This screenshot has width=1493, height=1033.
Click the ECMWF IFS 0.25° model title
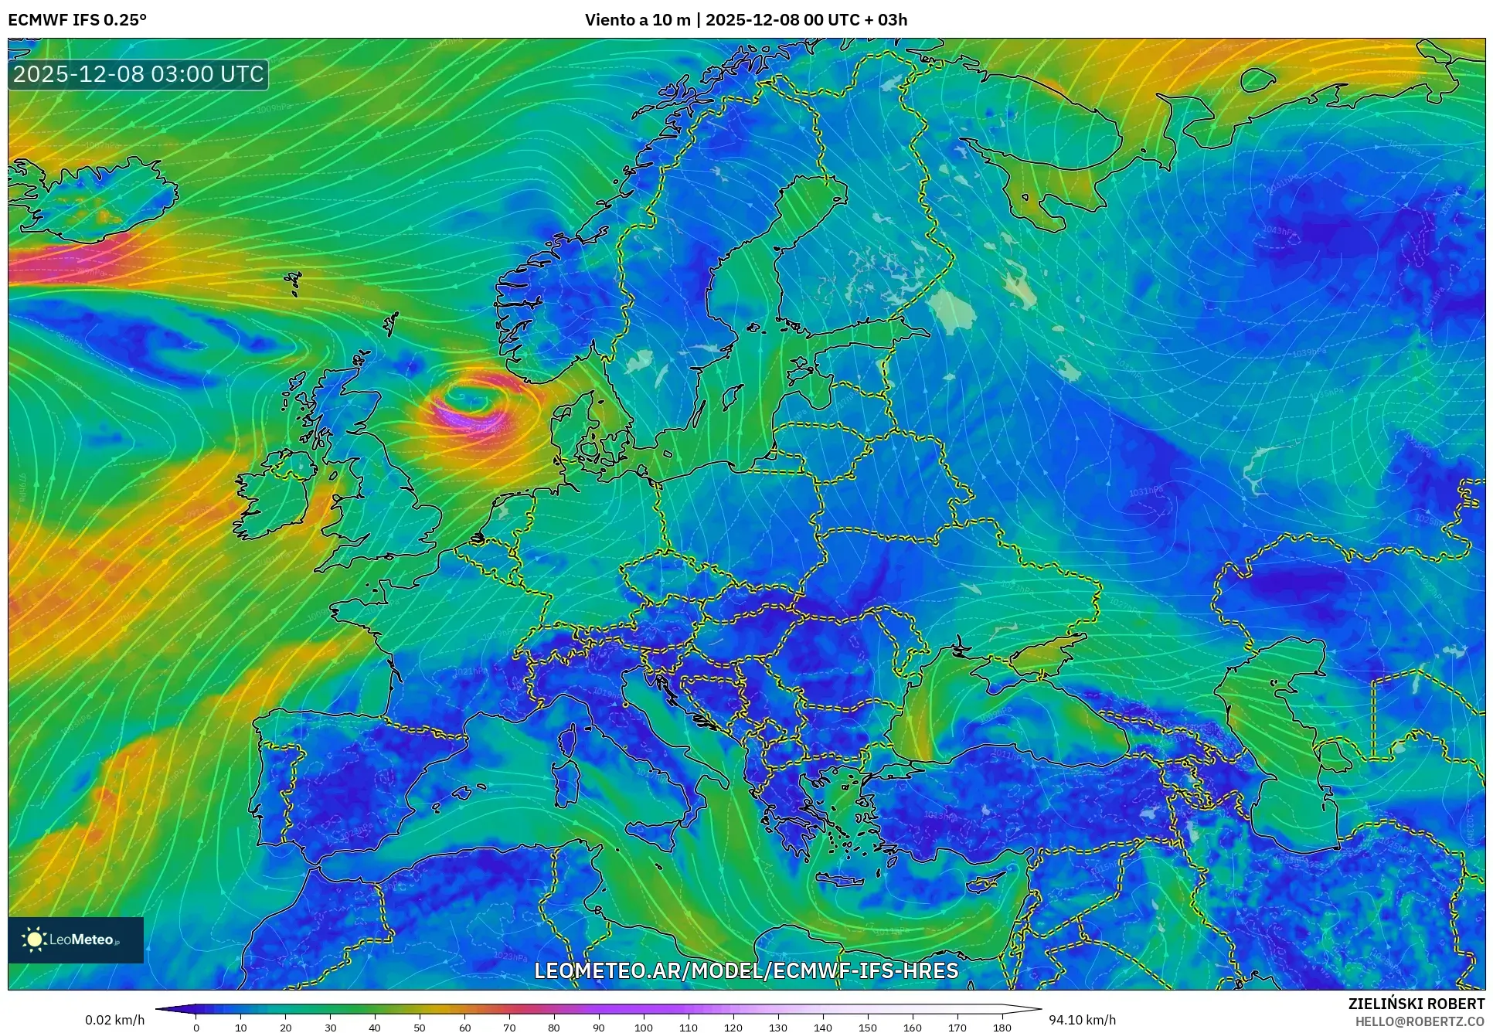click(x=77, y=20)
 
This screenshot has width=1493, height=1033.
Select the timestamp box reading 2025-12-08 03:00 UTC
click(x=139, y=74)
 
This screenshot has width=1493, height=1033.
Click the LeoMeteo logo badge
click(x=76, y=940)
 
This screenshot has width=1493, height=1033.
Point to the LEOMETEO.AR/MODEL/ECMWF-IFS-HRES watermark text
click(x=746, y=970)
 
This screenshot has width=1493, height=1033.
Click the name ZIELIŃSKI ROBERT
click(x=1416, y=1004)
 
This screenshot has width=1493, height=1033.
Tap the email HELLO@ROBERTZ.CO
click(x=1420, y=1021)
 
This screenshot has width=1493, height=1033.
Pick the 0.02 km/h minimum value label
click(x=114, y=1020)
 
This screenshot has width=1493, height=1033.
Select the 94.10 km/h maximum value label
click(x=1082, y=1020)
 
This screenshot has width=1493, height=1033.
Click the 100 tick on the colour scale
click(x=644, y=1028)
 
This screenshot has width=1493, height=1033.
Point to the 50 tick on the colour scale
click(x=420, y=1028)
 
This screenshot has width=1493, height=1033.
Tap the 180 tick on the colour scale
click(x=1002, y=1028)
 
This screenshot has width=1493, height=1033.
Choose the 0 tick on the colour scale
click(x=196, y=1028)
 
